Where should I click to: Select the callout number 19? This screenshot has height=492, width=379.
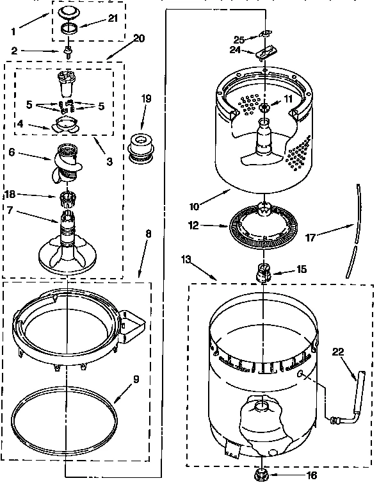pyautogui.click(x=146, y=99)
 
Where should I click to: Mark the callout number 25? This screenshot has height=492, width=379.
pyautogui.click(x=239, y=39)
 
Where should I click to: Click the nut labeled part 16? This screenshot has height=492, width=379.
pyautogui.click(x=261, y=474)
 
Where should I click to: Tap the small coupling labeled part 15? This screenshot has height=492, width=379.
pyautogui.click(x=263, y=271)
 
